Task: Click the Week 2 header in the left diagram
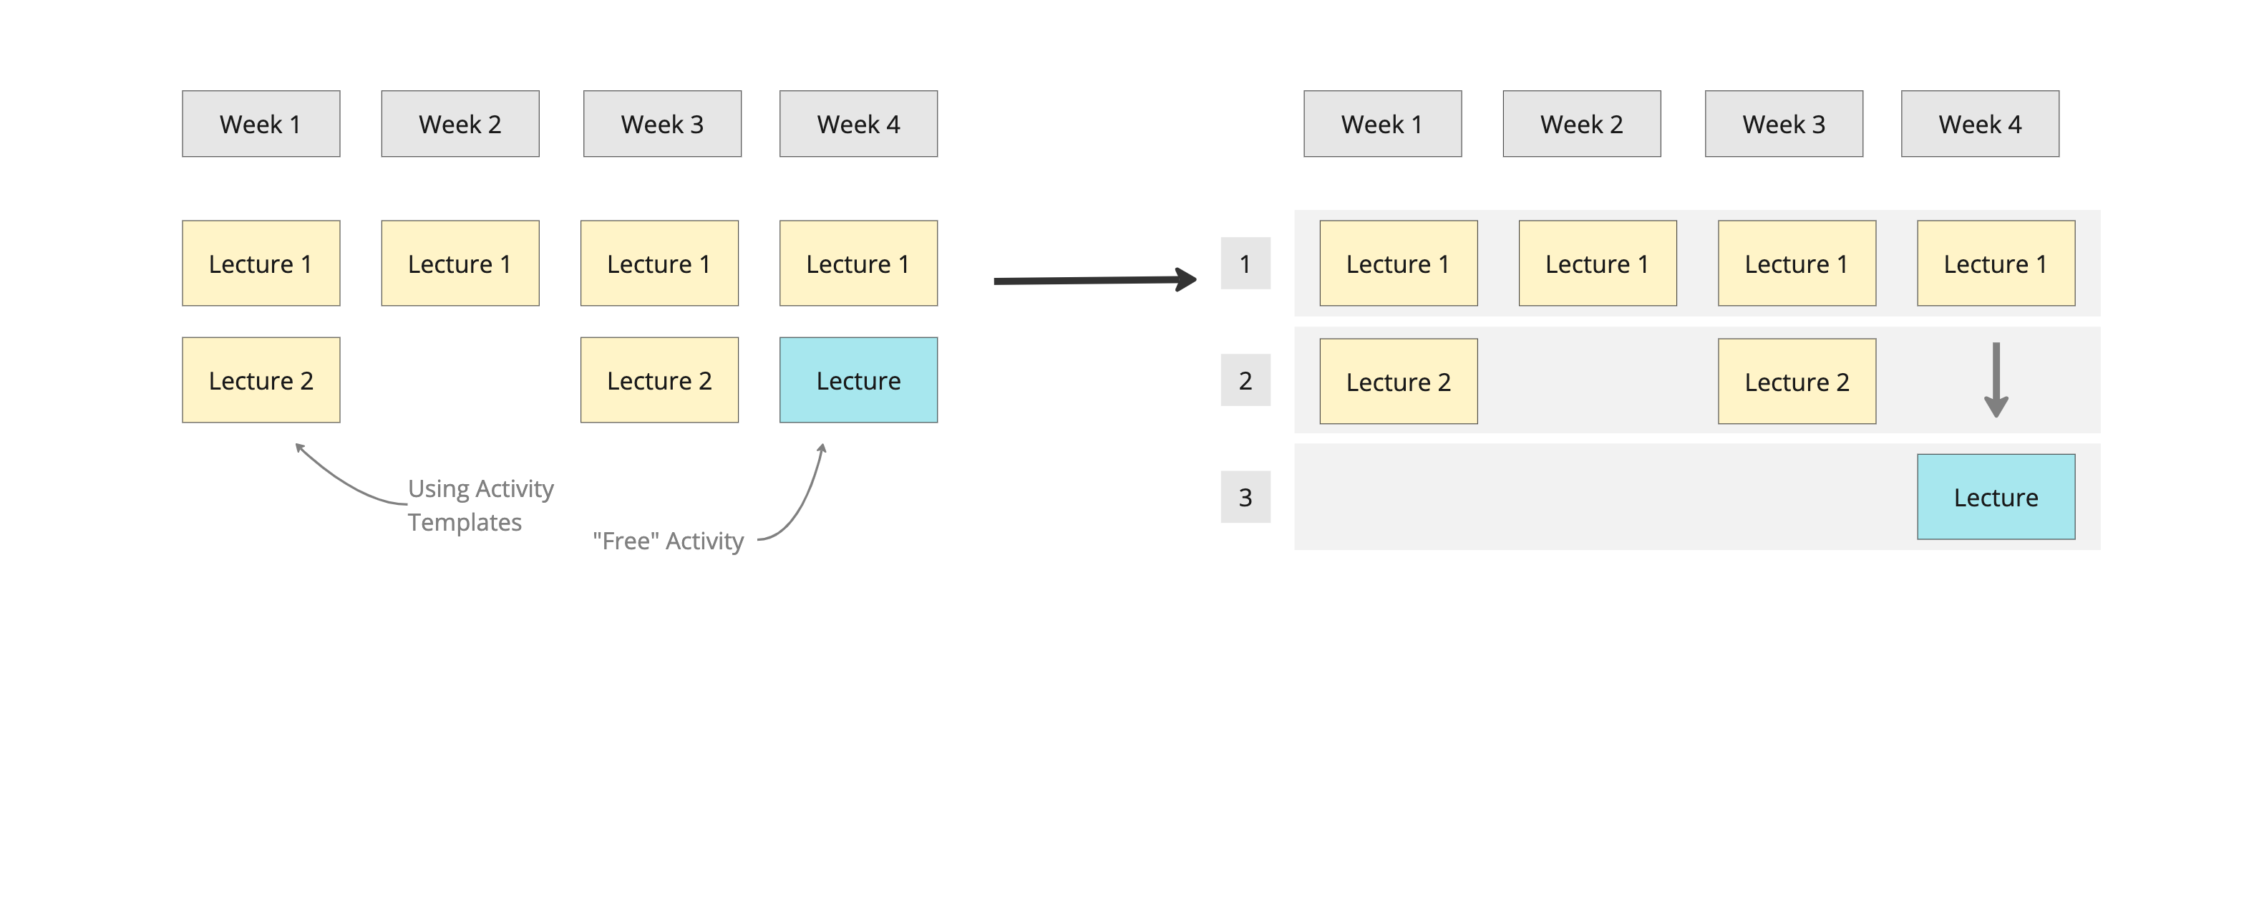pyautogui.click(x=460, y=124)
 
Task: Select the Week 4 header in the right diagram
pyautogui.click(x=1979, y=124)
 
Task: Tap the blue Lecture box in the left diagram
pyautogui.click(x=858, y=380)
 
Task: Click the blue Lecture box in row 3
pyautogui.click(x=1995, y=497)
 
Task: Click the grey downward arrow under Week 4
pyautogui.click(x=1996, y=380)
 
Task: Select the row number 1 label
pyautogui.click(x=1245, y=263)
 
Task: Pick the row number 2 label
pyautogui.click(x=1245, y=380)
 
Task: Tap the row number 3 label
pyautogui.click(x=1245, y=497)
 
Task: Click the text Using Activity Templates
pyautogui.click(x=480, y=505)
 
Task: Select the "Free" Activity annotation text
pyautogui.click(x=668, y=541)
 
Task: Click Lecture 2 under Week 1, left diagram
pyautogui.click(x=261, y=380)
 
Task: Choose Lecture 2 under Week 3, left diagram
pyautogui.click(x=659, y=380)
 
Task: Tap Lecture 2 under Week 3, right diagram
pyautogui.click(x=1797, y=382)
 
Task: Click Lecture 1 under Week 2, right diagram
pyautogui.click(x=1597, y=263)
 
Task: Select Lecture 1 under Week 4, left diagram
pyautogui.click(x=858, y=263)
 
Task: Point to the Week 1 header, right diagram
pyautogui.click(x=1382, y=124)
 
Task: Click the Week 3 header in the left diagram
pyautogui.click(x=662, y=124)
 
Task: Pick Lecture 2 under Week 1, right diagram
pyautogui.click(x=1398, y=382)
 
